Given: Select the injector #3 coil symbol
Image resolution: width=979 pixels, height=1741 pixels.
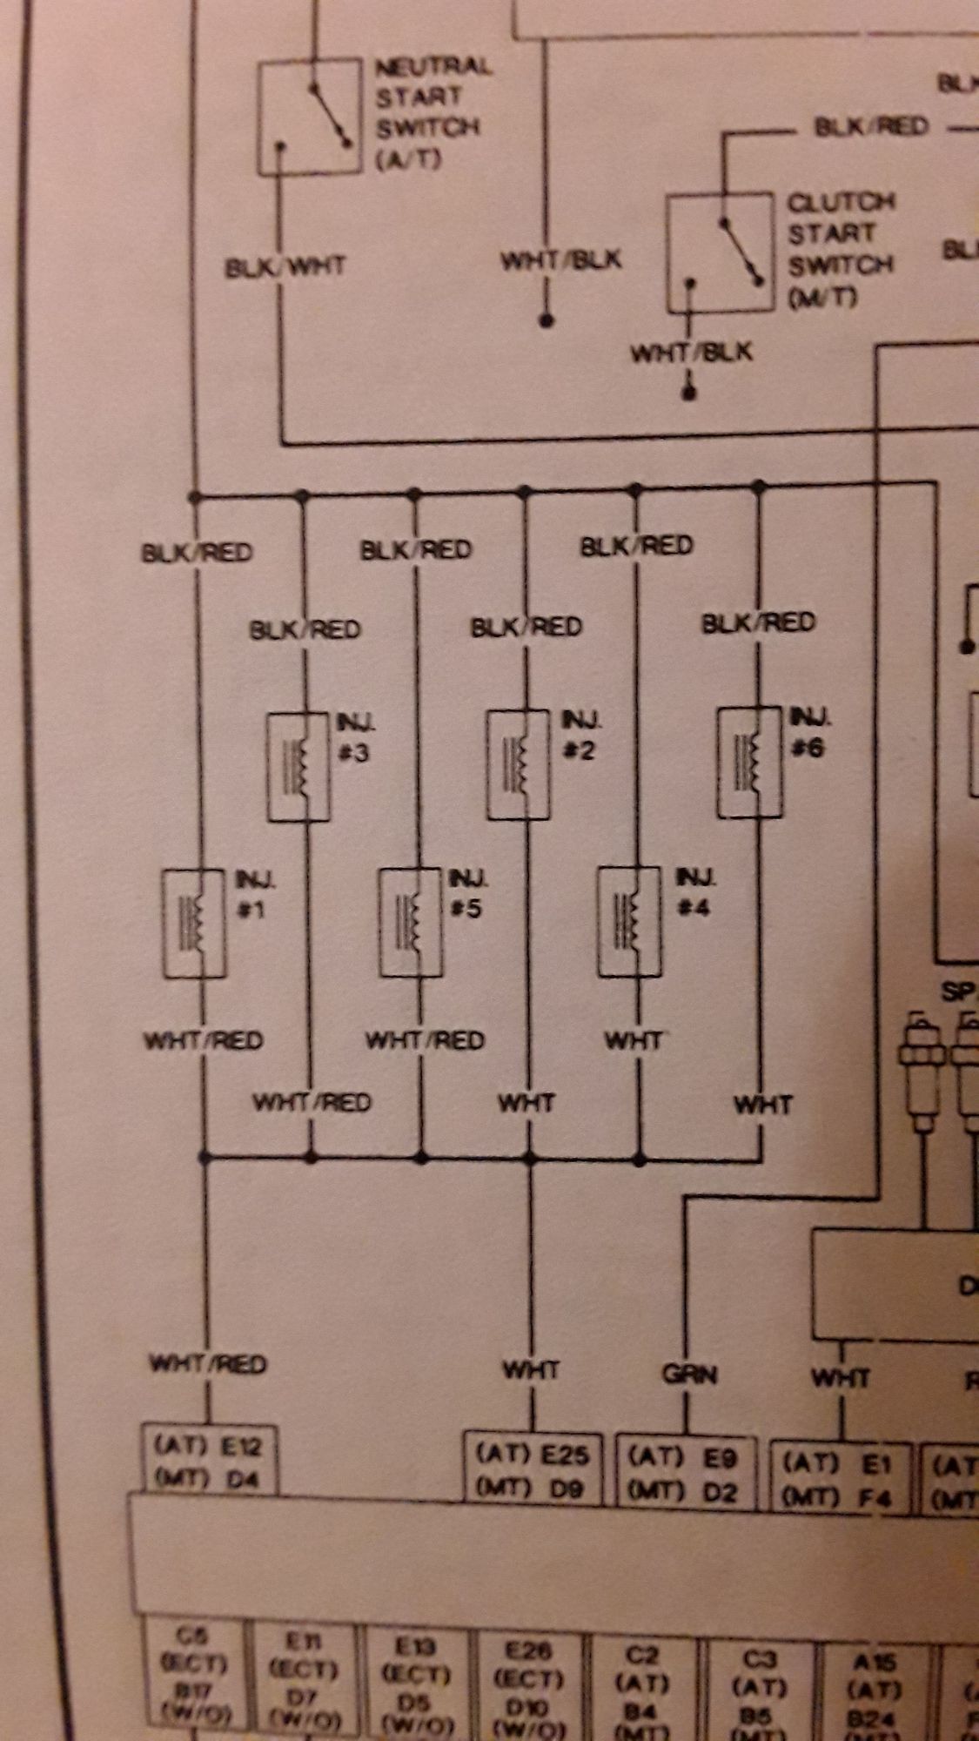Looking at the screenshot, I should click(298, 767).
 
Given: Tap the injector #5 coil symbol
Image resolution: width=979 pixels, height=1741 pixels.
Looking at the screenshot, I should click(411, 923).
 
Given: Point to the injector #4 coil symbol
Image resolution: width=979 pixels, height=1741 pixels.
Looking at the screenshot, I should click(630, 922).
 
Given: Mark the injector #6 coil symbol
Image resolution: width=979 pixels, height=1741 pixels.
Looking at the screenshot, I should click(749, 763).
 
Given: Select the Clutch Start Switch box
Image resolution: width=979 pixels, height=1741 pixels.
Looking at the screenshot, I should click(720, 252).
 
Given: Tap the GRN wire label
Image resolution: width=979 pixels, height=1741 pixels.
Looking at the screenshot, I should click(689, 1375).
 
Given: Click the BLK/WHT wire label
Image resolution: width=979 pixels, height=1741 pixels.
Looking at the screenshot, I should click(285, 266).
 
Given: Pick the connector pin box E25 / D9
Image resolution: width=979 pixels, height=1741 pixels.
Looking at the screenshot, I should click(532, 1469).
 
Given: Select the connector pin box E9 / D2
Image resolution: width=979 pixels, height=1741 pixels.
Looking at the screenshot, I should click(683, 1472).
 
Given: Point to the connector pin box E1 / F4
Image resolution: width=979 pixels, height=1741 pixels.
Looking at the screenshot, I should click(841, 1475).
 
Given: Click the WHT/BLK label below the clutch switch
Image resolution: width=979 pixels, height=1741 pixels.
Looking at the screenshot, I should click(691, 353).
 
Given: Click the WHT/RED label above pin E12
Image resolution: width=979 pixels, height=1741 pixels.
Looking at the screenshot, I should click(207, 1364).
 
